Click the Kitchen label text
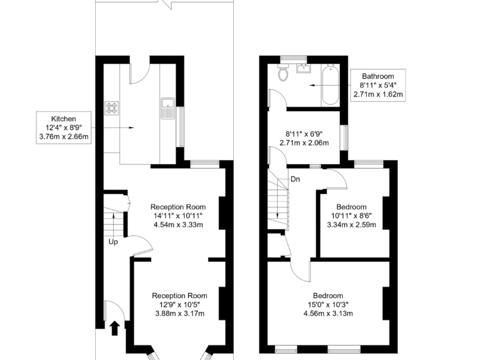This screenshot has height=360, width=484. pos(64,119)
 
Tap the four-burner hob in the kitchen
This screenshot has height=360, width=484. pos(112,109)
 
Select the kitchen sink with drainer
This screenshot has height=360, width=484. pos(168,109)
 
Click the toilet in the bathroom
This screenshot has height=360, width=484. pos(283,73)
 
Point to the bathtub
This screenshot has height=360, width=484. pos(330,85)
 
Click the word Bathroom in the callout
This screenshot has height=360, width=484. pos(378,76)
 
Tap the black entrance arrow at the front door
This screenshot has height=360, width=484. pos(114,328)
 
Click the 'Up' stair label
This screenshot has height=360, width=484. pos(113,242)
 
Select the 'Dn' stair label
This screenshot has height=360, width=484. pos(295,179)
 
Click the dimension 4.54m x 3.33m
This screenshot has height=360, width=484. pos(178,225)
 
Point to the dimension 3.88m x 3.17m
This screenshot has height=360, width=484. pos(179,314)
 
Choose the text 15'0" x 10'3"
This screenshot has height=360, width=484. pos(328,304)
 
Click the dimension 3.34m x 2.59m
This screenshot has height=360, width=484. pos(352,225)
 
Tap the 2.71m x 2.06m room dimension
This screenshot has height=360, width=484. pos(304,143)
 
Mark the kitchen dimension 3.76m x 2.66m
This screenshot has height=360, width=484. pos(64,137)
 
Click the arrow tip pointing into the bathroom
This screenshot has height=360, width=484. pos(309,85)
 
